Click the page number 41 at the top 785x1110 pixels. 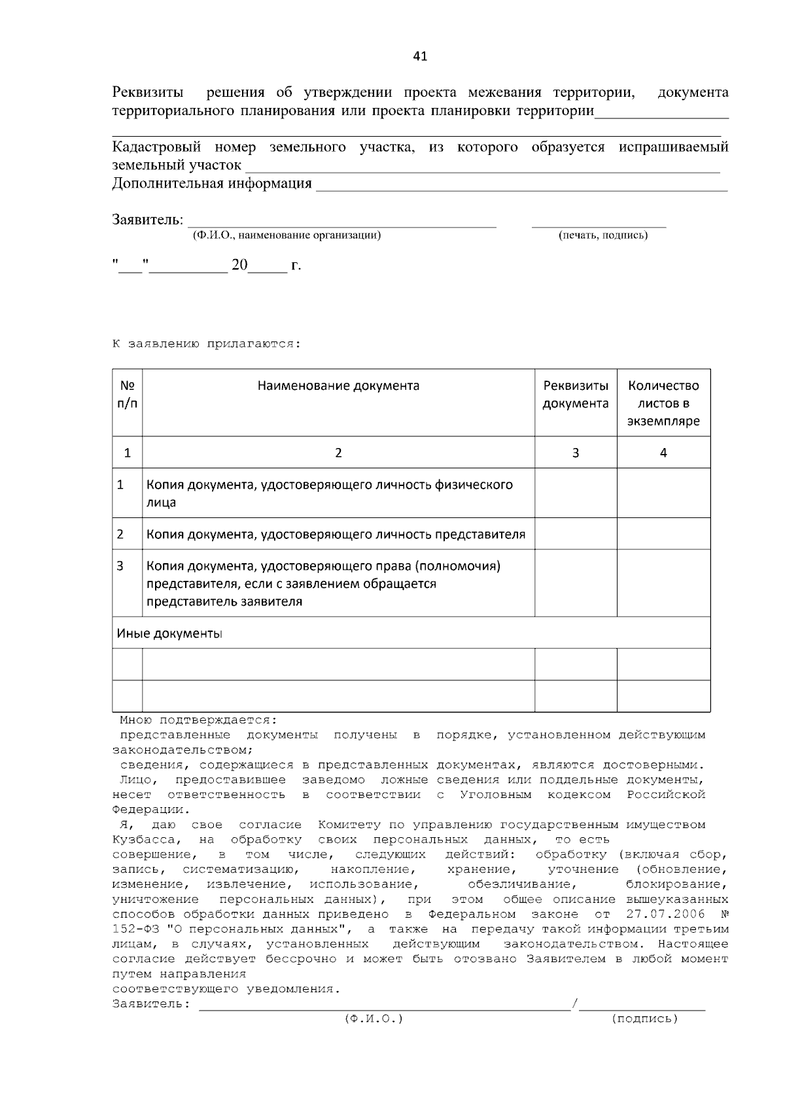(x=420, y=57)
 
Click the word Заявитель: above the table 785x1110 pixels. (x=147, y=220)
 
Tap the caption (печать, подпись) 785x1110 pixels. (x=602, y=235)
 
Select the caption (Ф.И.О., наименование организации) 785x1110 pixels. (x=286, y=235)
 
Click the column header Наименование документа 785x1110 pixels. (x=338, y=386)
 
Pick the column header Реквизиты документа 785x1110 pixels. (x=576, y=394)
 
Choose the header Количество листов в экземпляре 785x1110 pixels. (x=663, y=404)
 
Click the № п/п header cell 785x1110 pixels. (x=128, y=394)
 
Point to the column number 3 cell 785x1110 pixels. (x=576, y=453)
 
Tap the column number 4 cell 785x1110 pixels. (x=663, y=453)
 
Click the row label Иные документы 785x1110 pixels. (x=169, y=634)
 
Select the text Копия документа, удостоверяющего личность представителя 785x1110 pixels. (x=336, y=534)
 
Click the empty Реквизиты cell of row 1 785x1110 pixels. (x=576, y=493)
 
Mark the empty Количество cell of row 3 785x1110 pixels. (x=663, y=583)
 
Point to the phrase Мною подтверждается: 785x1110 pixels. (x=198, y=720)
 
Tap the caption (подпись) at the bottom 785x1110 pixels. (x=644, y=1019)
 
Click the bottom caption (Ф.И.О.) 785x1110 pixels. (x=374, y=1019)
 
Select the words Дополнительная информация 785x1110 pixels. (x=212, y=184)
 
